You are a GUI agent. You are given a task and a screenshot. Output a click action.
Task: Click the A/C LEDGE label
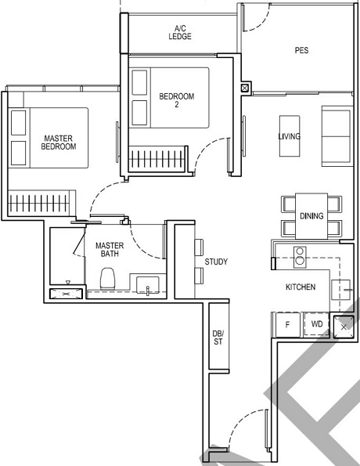coord(179,32)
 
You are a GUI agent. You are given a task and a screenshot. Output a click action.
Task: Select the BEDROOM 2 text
coord(176,101)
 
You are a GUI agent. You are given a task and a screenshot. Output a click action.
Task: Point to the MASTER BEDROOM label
coord(59,142)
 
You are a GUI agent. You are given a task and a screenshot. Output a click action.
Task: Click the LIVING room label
coord(289,135)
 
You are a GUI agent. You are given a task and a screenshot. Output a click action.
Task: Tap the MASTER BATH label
coord(110,250)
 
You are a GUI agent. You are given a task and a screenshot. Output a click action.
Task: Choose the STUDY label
coord(215,262)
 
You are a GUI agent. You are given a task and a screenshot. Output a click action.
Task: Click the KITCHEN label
coord(300,287)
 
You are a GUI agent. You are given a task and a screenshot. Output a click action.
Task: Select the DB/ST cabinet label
coord(218,338)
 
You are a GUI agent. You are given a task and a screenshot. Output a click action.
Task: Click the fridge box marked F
coord(287,323)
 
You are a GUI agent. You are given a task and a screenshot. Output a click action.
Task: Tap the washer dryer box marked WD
coord(317,323)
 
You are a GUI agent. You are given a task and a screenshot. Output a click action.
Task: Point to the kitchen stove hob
coord(298,255)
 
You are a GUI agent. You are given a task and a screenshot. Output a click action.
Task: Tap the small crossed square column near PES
coord(246,89)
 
